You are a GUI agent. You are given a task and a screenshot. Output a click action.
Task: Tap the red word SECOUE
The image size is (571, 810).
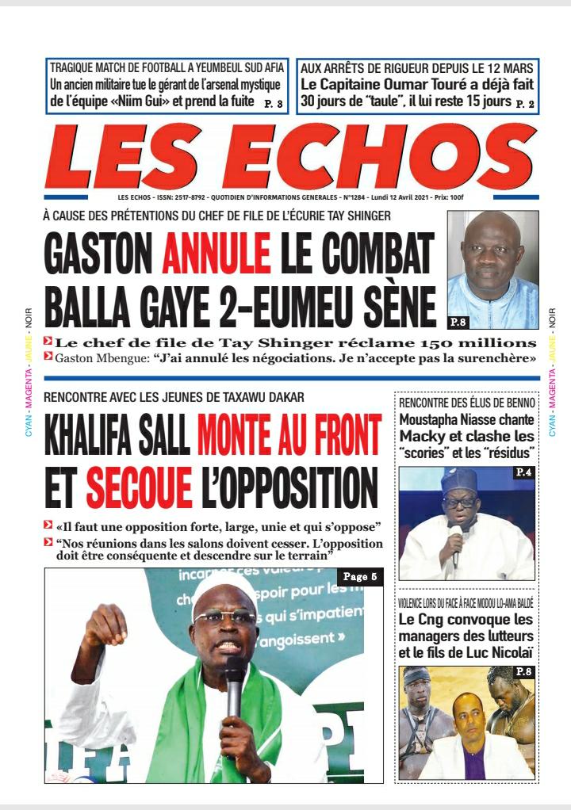click(x=139, y=487)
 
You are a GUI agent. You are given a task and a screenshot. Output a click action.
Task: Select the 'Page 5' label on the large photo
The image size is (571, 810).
click(x=360, y=577)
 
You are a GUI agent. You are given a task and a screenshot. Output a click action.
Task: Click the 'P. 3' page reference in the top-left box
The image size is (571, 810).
click(x=272, y=103)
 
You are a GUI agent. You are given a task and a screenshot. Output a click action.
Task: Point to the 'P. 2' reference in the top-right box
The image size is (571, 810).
click(x=525, y=103)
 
